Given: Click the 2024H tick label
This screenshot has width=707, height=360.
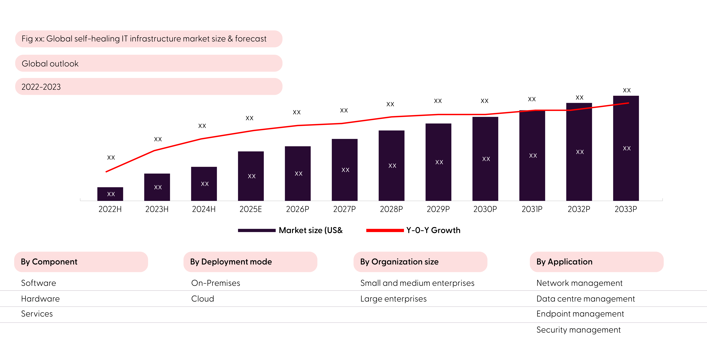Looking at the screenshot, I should [x=204, y=209].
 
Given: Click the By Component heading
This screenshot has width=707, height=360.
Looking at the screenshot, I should [x=49, y=262].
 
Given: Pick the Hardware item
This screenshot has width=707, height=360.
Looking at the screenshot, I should [x=40, y=299].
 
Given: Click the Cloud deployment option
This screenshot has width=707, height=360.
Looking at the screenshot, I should [x=203, y=299].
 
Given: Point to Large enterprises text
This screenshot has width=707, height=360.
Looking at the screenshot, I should [x=393, y=299].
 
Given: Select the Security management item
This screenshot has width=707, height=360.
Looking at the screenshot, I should [x=578, y=330].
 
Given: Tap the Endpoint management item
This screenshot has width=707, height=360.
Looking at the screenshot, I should [x=580, y=314].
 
